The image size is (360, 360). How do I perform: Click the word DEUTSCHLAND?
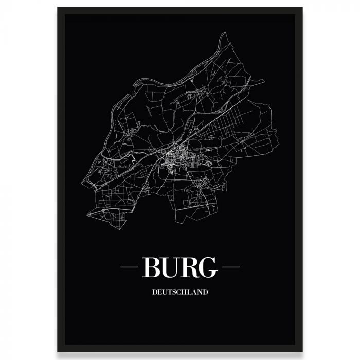click(x=180, y=292)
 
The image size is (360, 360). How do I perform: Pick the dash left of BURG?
click(x=130, y=267)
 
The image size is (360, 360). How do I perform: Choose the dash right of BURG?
click(x=230, y=267)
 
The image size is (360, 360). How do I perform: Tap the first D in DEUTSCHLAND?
click(x=155, y=292)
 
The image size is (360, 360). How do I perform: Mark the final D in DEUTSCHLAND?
click(x=205, y=292)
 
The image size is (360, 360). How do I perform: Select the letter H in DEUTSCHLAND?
click(x=186, y=292)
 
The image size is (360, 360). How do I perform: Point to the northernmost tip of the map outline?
click(x=225, y=33)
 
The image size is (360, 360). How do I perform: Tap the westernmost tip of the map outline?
click(x=83, y=184)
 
